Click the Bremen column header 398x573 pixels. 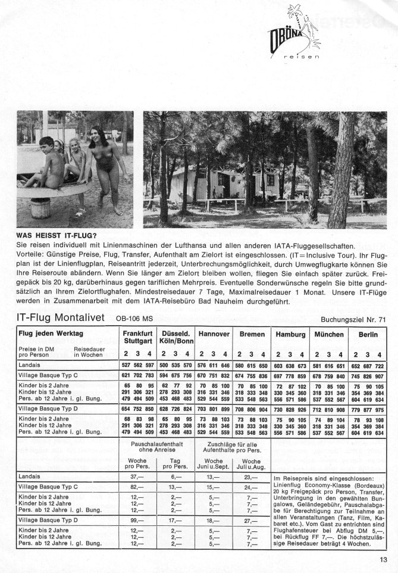pos(252,335)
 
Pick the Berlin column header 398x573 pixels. pos(368,335)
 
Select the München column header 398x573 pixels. pos(329,335)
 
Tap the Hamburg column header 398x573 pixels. pos(290,335)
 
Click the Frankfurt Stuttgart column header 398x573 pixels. pos(137,339)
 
